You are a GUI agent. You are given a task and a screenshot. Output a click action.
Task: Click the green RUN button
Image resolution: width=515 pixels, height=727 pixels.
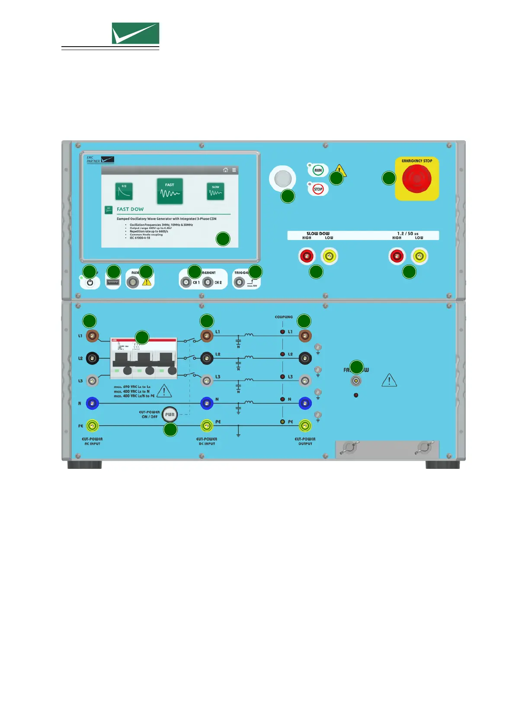[x=318, y=170]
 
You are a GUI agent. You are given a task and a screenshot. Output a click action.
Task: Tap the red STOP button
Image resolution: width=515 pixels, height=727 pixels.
[x=318, y=189]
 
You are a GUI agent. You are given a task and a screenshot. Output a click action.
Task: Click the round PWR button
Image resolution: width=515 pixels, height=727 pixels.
[x=170, y=414]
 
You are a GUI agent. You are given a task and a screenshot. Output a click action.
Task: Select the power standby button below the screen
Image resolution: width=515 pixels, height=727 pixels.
[x=90, y=283]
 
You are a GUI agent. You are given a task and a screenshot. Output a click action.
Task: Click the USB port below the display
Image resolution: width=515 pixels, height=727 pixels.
[x=113, y=282]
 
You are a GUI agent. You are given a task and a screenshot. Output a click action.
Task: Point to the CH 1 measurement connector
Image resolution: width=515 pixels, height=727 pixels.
[x=186, y=282]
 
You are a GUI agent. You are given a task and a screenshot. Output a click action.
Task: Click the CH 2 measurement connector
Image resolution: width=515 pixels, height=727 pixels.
[x=208, y=282]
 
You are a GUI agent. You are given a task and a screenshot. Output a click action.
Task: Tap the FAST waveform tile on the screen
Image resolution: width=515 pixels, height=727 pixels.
[x=170, y=191]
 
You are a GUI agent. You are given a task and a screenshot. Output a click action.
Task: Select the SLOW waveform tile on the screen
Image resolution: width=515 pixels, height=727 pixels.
[x=215, y=191]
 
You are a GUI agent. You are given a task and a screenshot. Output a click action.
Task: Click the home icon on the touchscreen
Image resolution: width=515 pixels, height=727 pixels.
[x=225, y=170]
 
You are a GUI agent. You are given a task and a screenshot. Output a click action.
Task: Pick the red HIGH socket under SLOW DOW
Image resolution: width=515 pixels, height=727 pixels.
[x=307, y=256]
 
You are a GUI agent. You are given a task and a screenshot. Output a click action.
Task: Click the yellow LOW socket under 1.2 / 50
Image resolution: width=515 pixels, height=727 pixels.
[x=418, y=256]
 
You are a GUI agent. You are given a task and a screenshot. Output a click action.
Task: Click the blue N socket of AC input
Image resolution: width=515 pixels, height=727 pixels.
[x=93, y=403]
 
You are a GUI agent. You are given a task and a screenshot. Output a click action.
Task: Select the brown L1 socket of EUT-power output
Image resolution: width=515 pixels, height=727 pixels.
[x=305, y=335]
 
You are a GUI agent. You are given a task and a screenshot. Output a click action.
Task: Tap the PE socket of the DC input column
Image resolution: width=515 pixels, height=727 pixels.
[x=207, y=426]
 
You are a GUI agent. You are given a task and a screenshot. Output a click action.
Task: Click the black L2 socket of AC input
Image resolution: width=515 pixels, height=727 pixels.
[x=93, y=358]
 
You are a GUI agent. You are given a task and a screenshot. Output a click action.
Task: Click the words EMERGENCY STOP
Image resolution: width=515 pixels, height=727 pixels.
[x=417, y=161]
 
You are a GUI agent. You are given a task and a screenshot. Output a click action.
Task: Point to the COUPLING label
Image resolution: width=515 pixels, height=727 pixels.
[x=284, y=317]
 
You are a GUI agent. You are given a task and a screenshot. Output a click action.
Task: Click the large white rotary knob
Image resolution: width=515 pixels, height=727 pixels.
[x=282, y=178]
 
